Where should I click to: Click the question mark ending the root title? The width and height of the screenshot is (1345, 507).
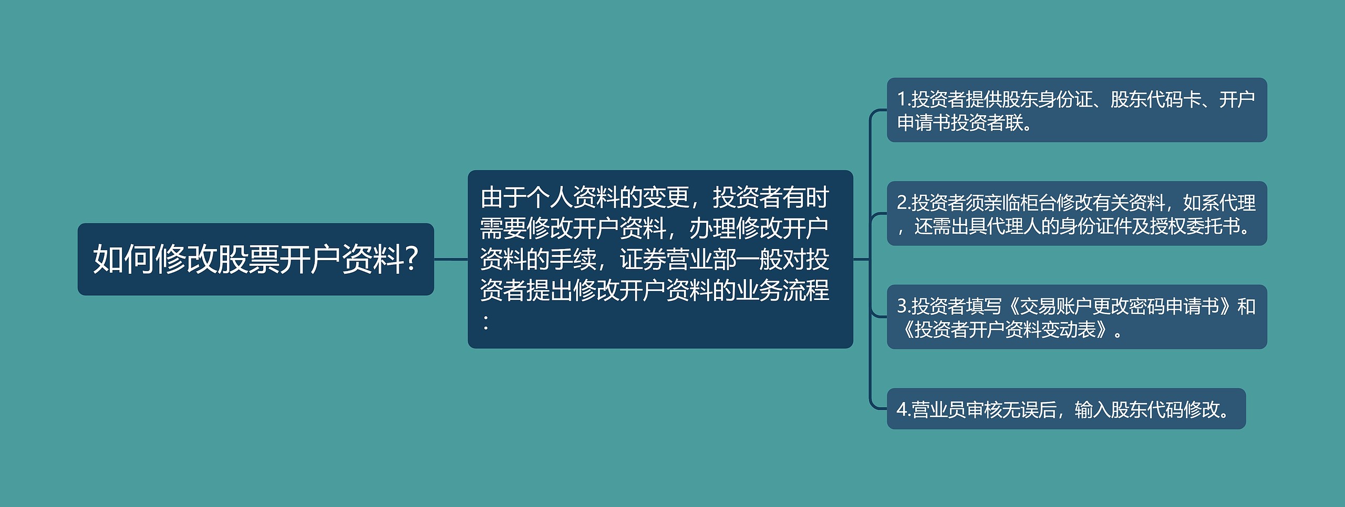click(x=412, y=259)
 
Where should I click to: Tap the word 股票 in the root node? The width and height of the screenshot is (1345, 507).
click(x=248, y=259)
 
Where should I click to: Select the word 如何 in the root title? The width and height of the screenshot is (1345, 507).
click(x=124, y=259)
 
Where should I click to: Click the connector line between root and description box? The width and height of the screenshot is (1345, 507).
click(x=451, y=259)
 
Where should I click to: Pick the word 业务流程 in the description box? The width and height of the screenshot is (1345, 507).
click(x=783, y=290)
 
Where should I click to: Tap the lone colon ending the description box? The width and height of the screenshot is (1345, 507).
click(x=487, y=322)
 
